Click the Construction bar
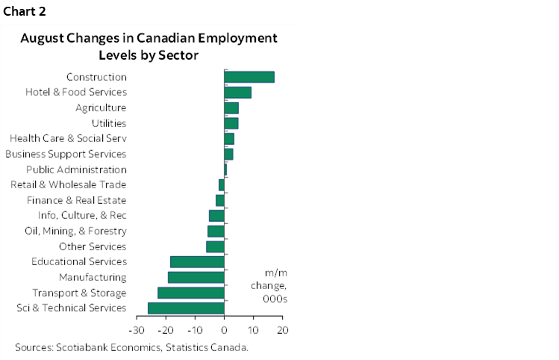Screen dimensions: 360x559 tap(249, 77)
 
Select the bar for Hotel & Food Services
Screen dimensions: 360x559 tap(237, 93)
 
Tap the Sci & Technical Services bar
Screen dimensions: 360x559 tap(186, 308)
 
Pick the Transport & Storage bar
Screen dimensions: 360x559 tap(191, 293)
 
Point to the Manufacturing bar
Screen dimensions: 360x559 tap(196, 277)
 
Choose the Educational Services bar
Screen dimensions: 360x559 tap(197, 261)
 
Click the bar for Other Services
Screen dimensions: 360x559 tap(215, 246)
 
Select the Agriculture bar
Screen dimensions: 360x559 tap(231, 108)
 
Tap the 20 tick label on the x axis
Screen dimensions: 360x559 tap(282, 329)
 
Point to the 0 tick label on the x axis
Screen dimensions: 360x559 tap(224, 329)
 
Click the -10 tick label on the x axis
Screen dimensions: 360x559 tap(194, 329)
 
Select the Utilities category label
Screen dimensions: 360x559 tap(108, 123)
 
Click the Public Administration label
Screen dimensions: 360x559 tap(76, 170)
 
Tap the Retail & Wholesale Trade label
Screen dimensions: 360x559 tap(68, 184)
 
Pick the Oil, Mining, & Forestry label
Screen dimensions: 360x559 tap(75, 231)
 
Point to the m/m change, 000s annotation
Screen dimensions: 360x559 tap(275, 285)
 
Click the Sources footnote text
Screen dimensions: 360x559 tap(131, 347)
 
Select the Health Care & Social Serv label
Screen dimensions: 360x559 tap(68, 138)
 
